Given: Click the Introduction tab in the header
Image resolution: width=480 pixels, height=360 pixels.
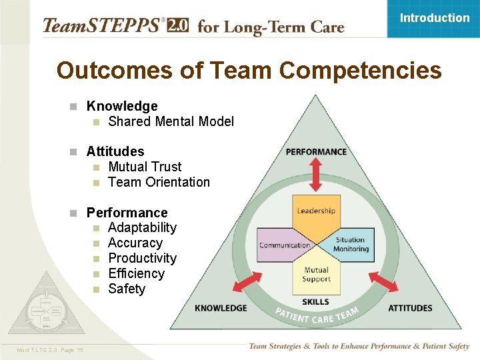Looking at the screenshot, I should coord(434,18).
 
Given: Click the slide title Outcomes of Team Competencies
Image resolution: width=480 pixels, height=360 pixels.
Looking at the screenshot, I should coord(249,70).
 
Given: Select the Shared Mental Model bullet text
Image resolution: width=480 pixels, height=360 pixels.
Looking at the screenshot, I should coord(171,121).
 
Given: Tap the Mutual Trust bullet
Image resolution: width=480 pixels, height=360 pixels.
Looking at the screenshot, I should coord(145,167).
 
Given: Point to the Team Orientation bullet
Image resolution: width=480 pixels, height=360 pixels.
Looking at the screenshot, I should coord(159,182).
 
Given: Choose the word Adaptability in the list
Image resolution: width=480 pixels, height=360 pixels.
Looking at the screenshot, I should coord(142,227).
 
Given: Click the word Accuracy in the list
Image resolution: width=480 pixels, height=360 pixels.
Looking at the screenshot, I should coord(135,243).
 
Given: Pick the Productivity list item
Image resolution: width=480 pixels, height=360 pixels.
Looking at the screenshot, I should coord(142,258).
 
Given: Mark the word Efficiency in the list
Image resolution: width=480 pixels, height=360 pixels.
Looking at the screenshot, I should coord(136,273).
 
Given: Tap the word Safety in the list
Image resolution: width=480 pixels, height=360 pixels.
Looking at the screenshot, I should coord(126,289).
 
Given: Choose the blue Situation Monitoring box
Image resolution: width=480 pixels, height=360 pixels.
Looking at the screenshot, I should coord(351,245).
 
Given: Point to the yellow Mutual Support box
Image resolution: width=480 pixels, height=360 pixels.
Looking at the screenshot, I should coord(316,274).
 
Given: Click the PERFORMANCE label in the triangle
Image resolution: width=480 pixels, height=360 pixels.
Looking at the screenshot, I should coord(316,152).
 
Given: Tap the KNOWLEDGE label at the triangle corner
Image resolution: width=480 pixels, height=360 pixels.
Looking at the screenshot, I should coord(221,308).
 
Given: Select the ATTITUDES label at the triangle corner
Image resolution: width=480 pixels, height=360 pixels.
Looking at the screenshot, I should coord(410,308).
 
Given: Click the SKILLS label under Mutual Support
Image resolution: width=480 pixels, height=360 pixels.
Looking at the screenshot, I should coord(316,302).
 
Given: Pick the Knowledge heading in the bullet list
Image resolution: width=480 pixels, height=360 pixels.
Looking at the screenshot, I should coord(122,106).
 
